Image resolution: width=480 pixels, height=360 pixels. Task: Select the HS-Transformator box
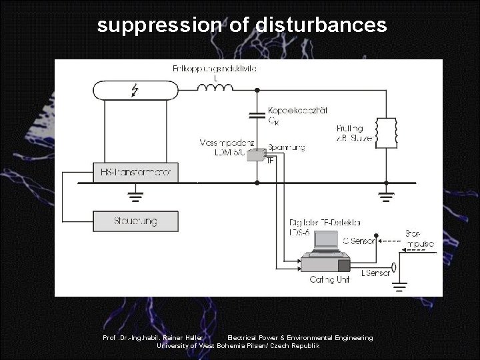(132, 172)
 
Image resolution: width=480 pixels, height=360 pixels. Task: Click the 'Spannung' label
(286, 147)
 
